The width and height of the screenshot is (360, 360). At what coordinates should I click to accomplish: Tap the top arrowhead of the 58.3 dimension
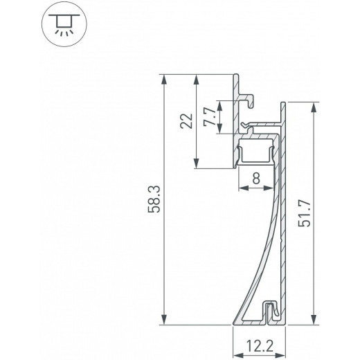(164, 78)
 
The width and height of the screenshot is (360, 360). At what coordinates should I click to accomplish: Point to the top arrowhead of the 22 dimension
(198, 78)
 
